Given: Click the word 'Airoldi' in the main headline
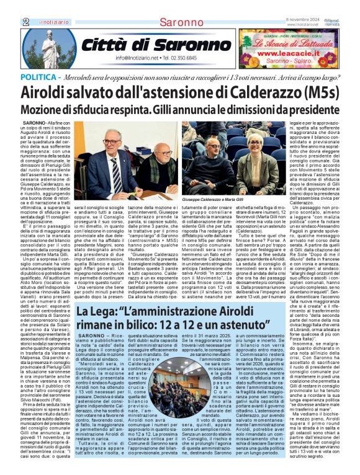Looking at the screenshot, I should [49, 92].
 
